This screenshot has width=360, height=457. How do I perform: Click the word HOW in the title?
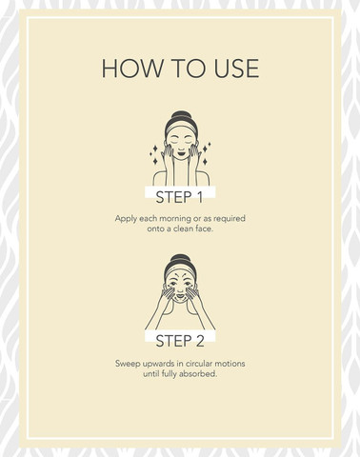pos(132,69)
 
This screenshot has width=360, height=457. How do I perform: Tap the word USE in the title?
pos(236,69)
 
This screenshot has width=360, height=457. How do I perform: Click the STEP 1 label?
pos(179,197)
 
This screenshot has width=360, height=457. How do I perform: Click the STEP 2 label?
pos(180,341)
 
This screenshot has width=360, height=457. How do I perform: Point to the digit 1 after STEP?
pos(199,197)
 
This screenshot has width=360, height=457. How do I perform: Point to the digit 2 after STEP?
pos(200,341)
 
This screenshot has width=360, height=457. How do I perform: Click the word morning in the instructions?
pos(175,219)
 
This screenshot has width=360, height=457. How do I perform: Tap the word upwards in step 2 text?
pos(156,364)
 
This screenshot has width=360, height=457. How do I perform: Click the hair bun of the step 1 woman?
pos(181,114)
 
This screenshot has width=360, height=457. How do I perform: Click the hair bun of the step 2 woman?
pos(180,258)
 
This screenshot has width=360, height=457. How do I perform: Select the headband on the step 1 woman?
pos(181,128)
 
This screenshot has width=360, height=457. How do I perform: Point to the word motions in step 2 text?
pos(230,364)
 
